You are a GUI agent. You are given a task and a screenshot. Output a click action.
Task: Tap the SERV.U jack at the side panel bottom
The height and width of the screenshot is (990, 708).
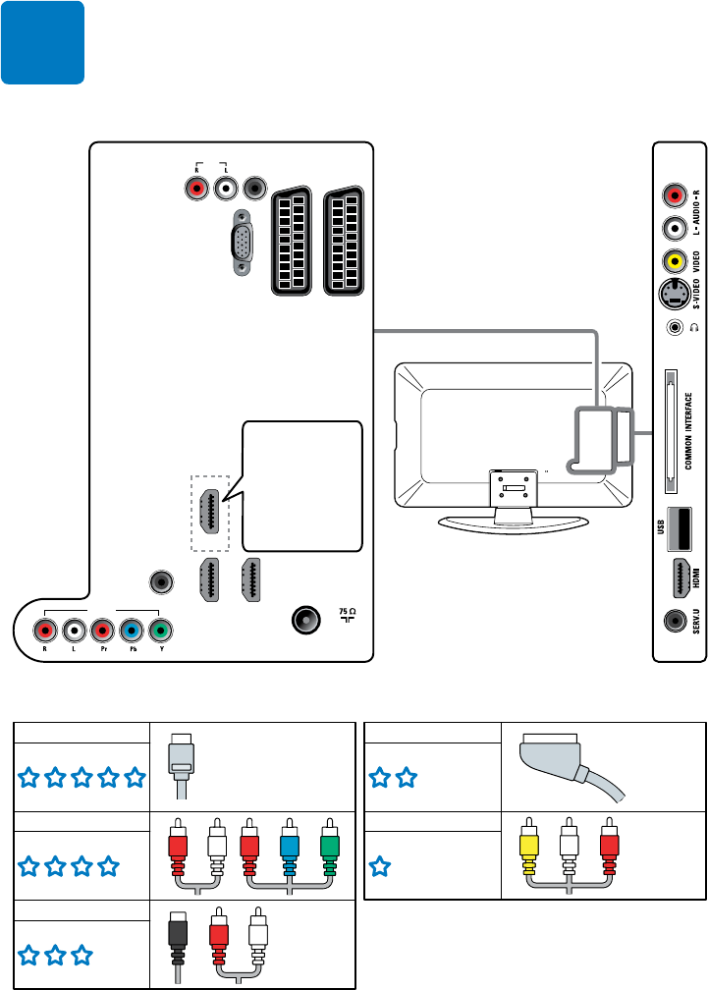pyautogui.click(x=675, y=622)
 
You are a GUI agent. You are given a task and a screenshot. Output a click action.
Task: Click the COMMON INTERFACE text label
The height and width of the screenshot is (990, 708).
pyautogui.click(x=689, y=431)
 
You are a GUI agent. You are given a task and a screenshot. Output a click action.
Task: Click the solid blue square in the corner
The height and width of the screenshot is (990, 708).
pyautogui.click(x=42, y=42)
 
